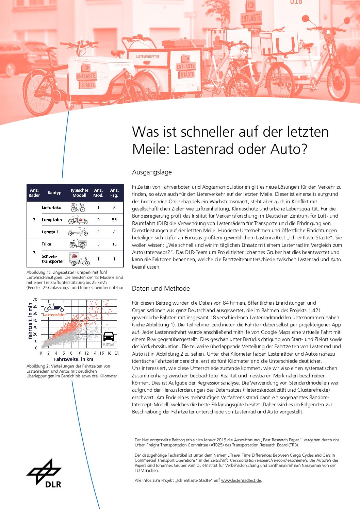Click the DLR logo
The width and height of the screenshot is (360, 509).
click(x=45, y=473)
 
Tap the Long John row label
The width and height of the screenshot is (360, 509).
click(x=52, y=220)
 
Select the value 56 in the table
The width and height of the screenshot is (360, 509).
click(x=114, y=220)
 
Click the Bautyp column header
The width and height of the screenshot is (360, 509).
click(x=54, y=193)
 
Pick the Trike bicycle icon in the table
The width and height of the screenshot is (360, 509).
click(x=78, y=244)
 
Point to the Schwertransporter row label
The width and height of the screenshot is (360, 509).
click(x=53, y=259)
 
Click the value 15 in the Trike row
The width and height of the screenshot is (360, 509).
click(x=114, y=244)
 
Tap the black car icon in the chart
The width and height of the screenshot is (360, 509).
click(x=109, y=336)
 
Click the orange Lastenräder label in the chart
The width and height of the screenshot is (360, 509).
click(x=54, y=315)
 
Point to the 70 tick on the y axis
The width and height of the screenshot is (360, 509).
click(x=35, y=300)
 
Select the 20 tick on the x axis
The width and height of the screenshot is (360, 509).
click(x=117, y=353)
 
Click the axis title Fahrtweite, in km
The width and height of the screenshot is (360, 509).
click(x=73, y=359)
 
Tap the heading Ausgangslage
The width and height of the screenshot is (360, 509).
click(x=152, y=172)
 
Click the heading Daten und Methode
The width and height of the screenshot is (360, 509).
click(x=161, y=289)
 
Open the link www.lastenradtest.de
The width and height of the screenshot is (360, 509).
click(x=241, y=480)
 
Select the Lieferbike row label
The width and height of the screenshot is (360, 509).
click(x=51, y=207)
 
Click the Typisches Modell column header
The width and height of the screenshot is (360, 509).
click(x=79, y=193)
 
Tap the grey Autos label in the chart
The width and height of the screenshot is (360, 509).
click(x=108, y=344)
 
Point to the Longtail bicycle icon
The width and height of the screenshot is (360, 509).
click(x=78, y=232)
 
